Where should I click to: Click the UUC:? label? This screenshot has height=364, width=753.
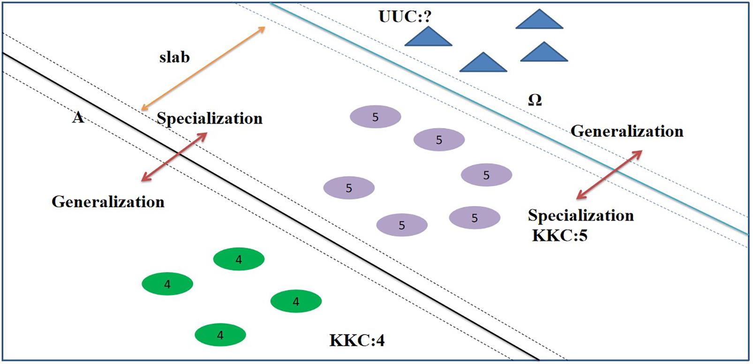pyautogui.click(x=405, y=17)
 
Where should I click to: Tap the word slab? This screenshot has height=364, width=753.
pyautogui.click(x=174, y=57)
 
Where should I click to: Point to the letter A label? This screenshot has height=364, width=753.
pyautogui.click(x=78, y=117)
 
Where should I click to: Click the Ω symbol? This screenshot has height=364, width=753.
pyautogui.click(x=535, y=100)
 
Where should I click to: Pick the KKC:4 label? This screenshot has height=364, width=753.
pyautogui.click(x=357, y=340)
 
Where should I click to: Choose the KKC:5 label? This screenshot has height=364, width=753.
pyautogui.click(x=559, y=235)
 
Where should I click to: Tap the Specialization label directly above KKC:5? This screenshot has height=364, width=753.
pyautogui.click(x=580, y=215)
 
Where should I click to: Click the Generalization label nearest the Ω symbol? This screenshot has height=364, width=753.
pyautogui.click(x=626, y=131)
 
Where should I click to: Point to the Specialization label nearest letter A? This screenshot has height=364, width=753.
pyautogui.click(x=209, y=118)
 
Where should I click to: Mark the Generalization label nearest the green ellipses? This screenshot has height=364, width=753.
pyautogui.click(x=108, y=201)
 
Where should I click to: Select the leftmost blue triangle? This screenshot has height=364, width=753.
pyautogui.click(x=428, y=38)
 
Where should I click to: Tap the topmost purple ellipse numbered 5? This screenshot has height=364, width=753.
pyautogui.click(x=375, y=117)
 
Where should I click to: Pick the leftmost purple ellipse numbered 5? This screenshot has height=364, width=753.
pyautogui.click(x=349, y=188)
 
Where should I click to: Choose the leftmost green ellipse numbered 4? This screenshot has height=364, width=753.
pyautogui.click(x=167, y=284)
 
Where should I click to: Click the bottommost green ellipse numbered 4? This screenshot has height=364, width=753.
pyautogui.click(x=220, y=334)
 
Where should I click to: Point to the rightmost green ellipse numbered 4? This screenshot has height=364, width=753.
pyautogui.click(x=296, y=301)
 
